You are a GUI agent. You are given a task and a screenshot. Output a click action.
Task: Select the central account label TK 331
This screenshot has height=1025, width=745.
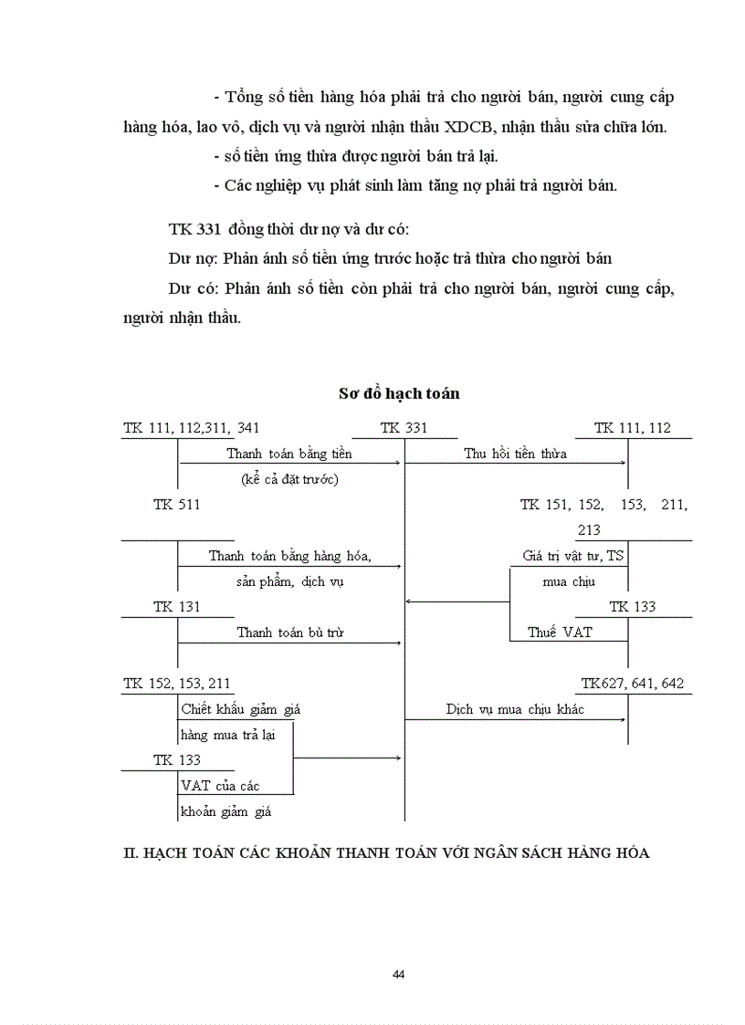click(404, 427)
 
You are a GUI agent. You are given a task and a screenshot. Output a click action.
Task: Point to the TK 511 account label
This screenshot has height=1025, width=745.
click(176, 504)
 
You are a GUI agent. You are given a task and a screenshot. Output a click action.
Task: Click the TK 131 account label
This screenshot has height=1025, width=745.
click(176, 606)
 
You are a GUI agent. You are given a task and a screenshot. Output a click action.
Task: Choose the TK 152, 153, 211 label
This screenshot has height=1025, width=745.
click(177, 683)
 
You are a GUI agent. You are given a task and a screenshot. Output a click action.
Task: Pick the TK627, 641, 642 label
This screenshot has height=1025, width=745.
click(633, 683)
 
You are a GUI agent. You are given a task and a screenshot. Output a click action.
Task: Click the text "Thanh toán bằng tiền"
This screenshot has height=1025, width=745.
click(289, 453)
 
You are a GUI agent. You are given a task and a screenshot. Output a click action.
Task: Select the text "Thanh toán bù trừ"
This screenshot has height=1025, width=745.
click(290, 632)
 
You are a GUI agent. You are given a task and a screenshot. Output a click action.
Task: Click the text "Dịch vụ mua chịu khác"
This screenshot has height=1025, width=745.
click(512, 708)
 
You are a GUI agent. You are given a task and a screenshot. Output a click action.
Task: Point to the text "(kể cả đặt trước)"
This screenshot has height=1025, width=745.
click(289, 478)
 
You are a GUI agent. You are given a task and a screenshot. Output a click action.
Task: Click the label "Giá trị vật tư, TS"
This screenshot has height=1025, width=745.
click(573, 555)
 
